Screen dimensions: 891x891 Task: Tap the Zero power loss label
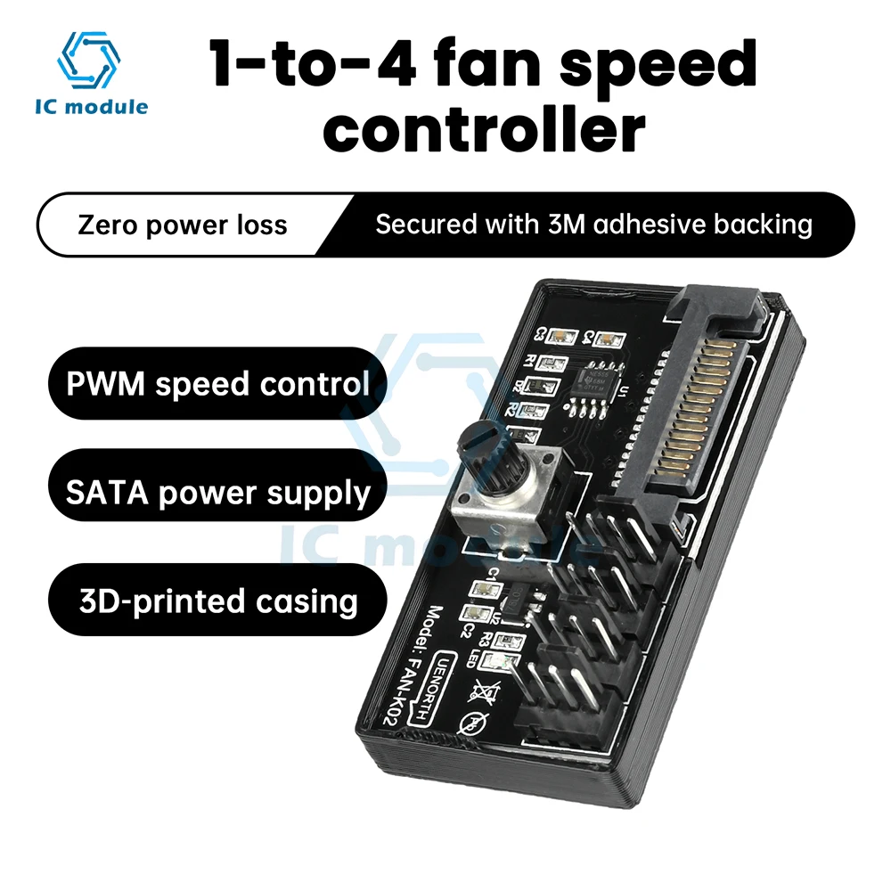pyautogui.click(x=183, y=224)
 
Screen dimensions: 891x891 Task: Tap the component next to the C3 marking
pyautogui.click(x=562, y=336)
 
